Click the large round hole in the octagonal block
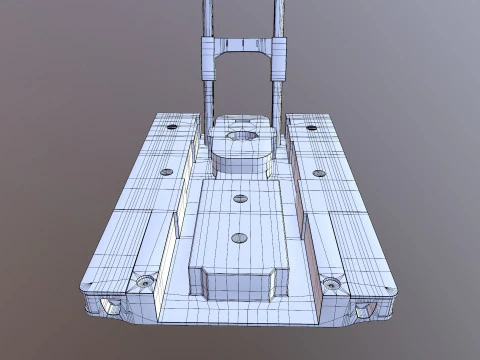coord(240,137)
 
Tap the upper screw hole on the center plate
coord(239,198)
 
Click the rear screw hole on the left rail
coord(172,127)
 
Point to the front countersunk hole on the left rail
coord(148,282)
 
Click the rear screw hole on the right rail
coord(311,127)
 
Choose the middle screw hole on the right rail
coord(319,172)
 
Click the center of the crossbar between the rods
coord(240,46)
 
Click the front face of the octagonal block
coord(240,160)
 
